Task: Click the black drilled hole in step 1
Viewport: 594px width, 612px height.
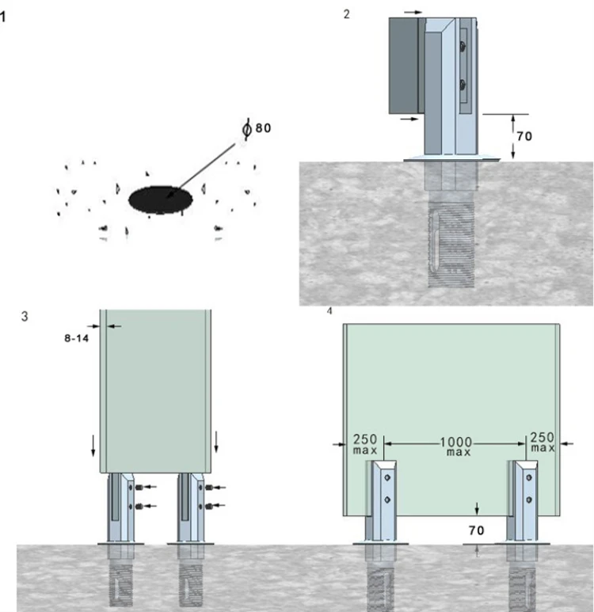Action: point(160,200)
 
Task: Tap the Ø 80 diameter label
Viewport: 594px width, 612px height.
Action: point(257,128)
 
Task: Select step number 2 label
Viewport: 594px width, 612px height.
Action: point(346,14)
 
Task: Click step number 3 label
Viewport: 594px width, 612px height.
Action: point(25,316)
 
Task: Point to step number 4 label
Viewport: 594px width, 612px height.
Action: point(329,311)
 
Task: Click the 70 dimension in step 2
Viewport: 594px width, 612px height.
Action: point(524,136)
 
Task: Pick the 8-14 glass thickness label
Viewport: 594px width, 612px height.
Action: point(77,338)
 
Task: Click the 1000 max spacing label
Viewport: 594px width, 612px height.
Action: point(456,447)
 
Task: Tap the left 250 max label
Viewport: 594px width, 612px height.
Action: point(365,444)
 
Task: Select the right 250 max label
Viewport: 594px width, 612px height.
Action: point(543,442)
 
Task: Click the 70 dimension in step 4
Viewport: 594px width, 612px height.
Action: point(476,530)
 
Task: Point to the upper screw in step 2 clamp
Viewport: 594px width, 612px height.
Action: point(463,46)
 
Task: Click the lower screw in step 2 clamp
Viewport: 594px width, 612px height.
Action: point(463,84)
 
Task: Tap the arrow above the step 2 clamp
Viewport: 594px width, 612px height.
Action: point(413,12)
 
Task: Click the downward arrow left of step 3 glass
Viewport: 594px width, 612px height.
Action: point(93,445)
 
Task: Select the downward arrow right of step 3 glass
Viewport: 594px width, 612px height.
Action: point(216,442)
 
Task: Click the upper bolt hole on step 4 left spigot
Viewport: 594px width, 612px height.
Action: point(387,477)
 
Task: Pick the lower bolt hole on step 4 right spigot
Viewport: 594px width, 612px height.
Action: point(529,500)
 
